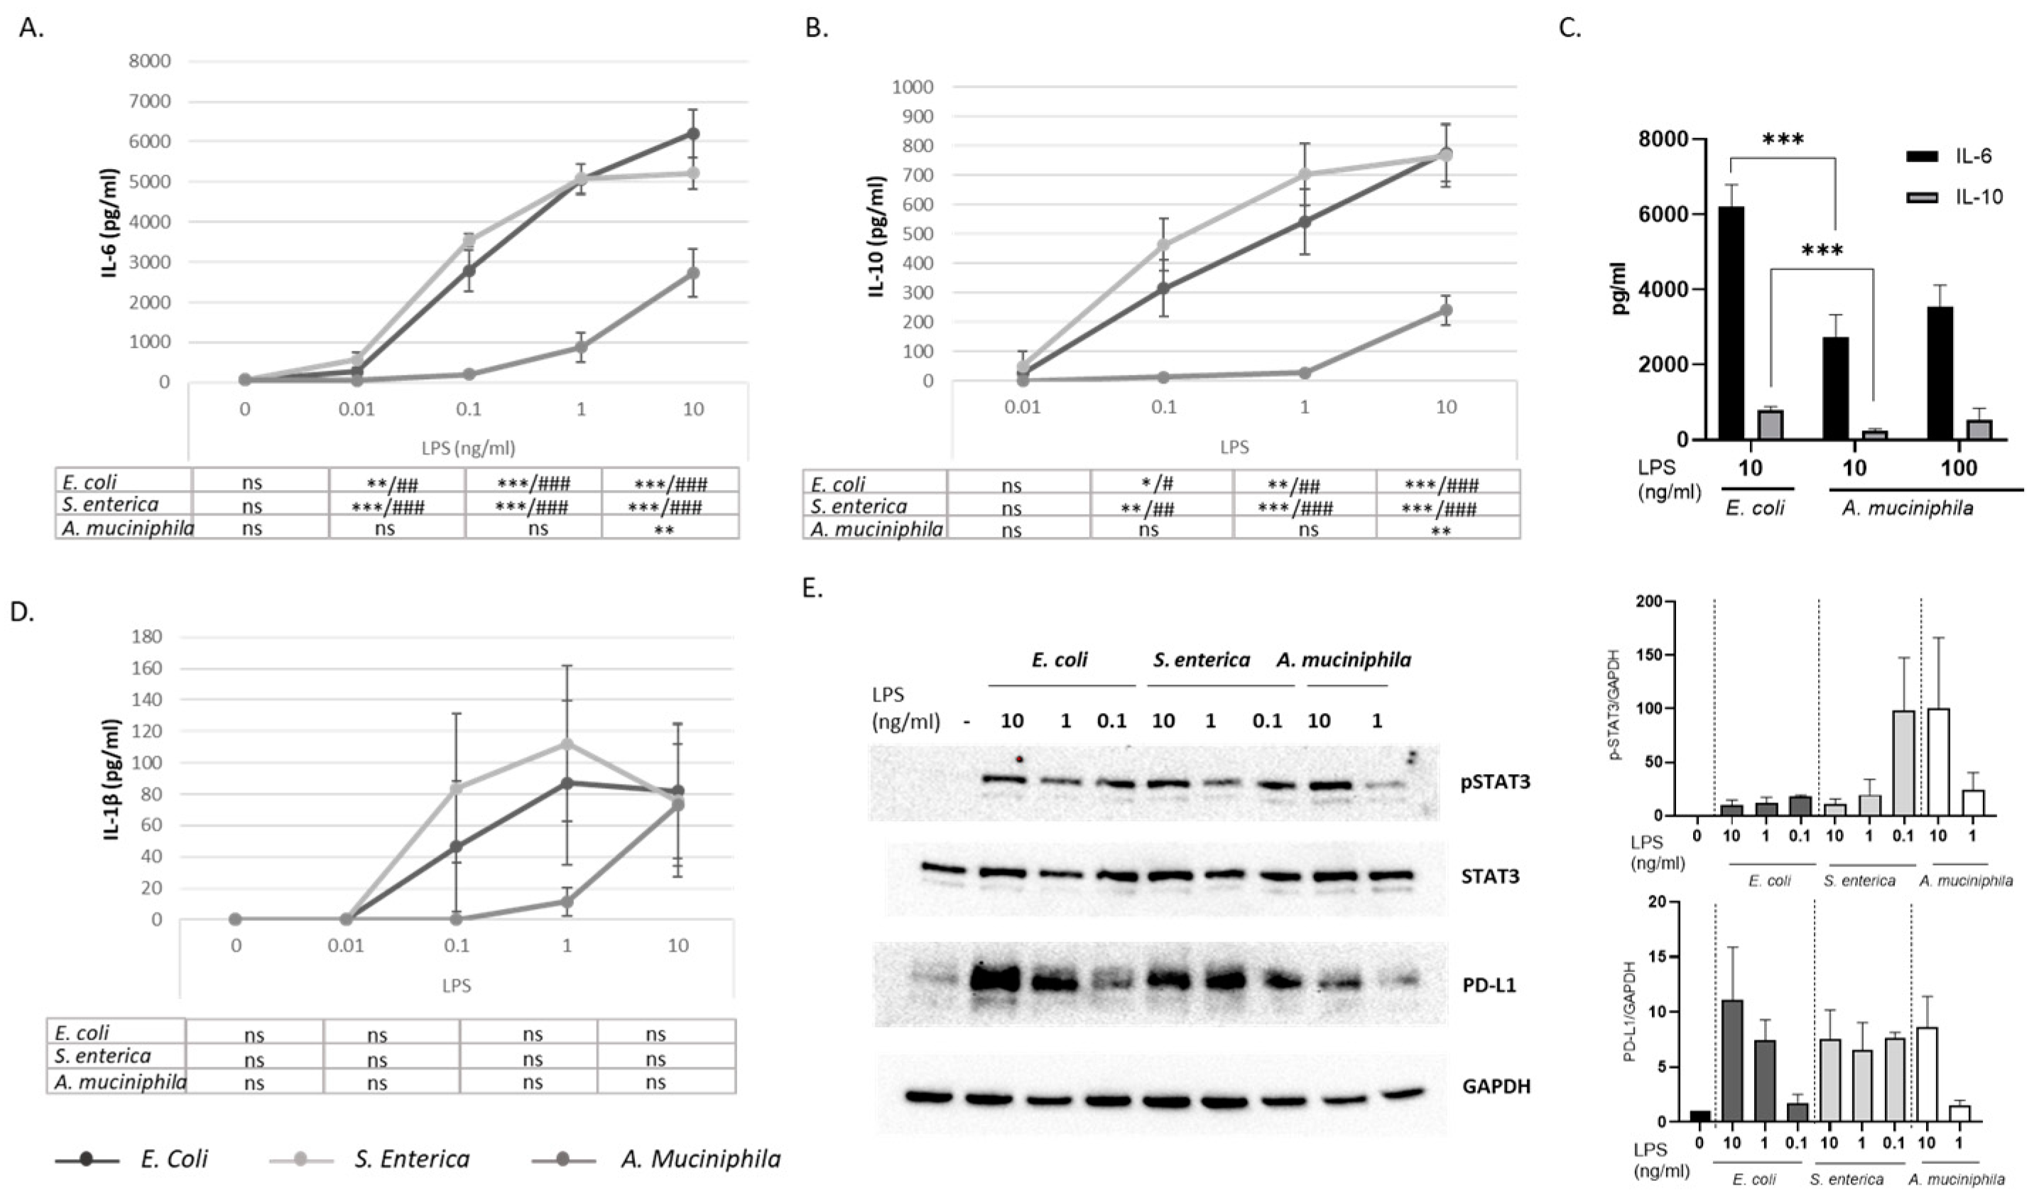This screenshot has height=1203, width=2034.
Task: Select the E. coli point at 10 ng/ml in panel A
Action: point(692,134)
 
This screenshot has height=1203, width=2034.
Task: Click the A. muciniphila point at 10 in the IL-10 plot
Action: point(1445,310)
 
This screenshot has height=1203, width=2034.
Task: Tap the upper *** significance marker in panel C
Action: point(1783,140)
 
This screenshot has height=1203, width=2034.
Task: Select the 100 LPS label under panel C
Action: point(1959,468)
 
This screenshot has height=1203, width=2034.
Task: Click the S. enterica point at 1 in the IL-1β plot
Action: point(567,744)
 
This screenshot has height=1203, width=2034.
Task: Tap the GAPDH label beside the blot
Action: point(1496,1087)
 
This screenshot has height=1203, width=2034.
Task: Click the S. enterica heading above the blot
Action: point(1202,660)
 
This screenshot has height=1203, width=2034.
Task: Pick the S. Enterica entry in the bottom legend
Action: point(411,1159)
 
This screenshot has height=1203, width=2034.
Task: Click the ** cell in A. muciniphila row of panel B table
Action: point(1440,532)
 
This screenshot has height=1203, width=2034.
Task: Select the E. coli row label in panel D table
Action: point(82,1033)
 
